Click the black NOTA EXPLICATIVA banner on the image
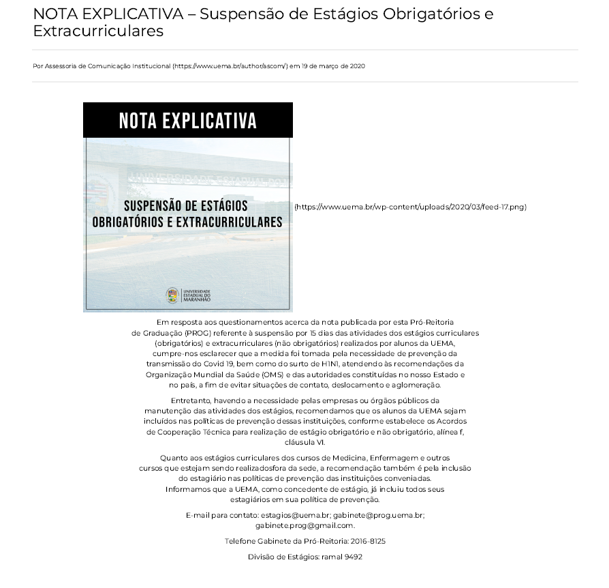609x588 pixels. coord(187,121)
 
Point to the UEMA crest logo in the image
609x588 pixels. coord(173,295)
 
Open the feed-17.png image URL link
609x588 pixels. coord(410,207)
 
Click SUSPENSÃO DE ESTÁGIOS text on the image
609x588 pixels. coord(185,206)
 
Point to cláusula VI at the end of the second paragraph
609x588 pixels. coord(304,442)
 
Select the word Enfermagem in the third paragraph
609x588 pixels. coord(393,458)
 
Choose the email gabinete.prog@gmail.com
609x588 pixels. coord(304,525)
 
